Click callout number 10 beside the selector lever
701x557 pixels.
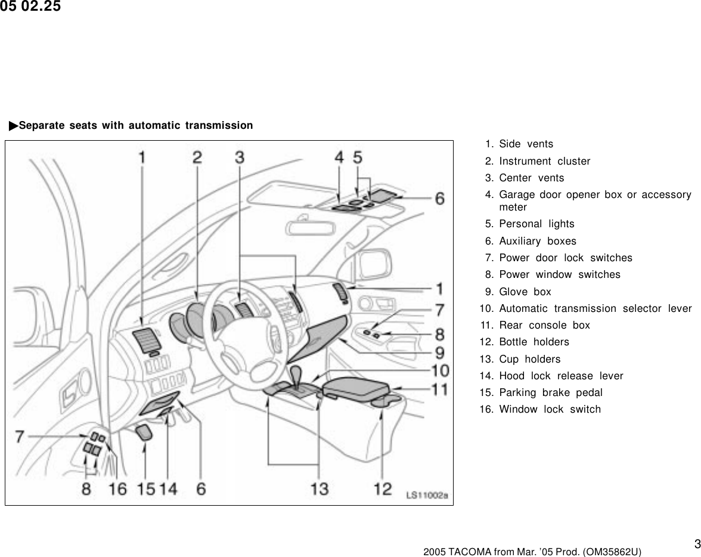pyautogui.click(x=439, y=370)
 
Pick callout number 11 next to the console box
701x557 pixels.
pyautogui.click(x=439, y=389)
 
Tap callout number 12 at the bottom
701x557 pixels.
pyautogui.click(x=382, y=488)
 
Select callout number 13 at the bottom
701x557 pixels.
pyautogui.click(x=320, y=488)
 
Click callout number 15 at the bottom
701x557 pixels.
pyautogui.click(x=145, y=488)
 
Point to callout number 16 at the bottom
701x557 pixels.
pyautogui.click(x=117, y=488)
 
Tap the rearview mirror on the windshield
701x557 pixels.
pyautogui.click(x=308, y=227)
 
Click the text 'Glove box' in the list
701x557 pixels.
pyautogui.click(x=525, y=292)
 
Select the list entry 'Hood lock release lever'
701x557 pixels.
pyautogui.click(x=560, y=376)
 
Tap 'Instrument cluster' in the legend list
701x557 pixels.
pyautogui.click(x=544, y=161)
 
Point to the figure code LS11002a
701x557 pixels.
pyautogui.click(x=426, y=494)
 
